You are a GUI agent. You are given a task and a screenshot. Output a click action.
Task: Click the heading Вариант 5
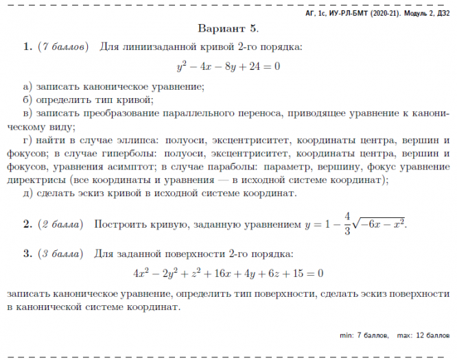pyautogui.click(x=228, y=29)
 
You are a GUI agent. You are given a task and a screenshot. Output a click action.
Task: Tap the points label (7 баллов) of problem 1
pyautogui.click(x=62, y=47)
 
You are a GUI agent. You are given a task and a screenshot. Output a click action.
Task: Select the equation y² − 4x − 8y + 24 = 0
pyautogui.click(x=228, y=67)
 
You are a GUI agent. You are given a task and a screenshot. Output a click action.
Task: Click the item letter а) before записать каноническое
pyautogui.click(x=27, y=86)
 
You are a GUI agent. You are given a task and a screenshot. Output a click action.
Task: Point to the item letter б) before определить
pyautogui.click(x=27, y=99)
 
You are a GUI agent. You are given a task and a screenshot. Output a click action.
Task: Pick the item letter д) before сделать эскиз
pyautogui.click(x=27, y=193)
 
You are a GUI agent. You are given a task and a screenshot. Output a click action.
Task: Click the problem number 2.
pyautogui.click(x=27, y=224)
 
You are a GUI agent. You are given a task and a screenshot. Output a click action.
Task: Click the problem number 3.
pyautogui.click(x=27, y=254)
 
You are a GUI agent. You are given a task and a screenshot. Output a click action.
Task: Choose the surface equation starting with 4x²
pyautogui.click(x=228, y=273)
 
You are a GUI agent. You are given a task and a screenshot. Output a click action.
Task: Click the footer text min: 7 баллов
pyautogui.click(x=364, y=335)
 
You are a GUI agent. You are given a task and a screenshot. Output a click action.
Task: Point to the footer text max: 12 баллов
pyautogui.click(x=423, y=335)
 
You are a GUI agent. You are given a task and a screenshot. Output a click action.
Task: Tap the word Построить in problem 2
pyautogui.click(x=118, y=224)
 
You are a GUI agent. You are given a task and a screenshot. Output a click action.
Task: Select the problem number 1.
pyautogui.click(x=27, y=47)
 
